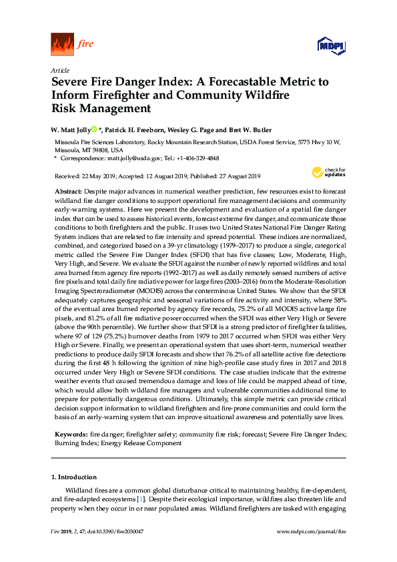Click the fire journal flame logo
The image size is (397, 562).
click(x=63, y=44)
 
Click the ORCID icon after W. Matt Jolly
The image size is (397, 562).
click(x=95, y=129)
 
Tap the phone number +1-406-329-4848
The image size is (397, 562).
click(x=195, y=159)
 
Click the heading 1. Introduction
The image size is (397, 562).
click(x=73, y=477)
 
